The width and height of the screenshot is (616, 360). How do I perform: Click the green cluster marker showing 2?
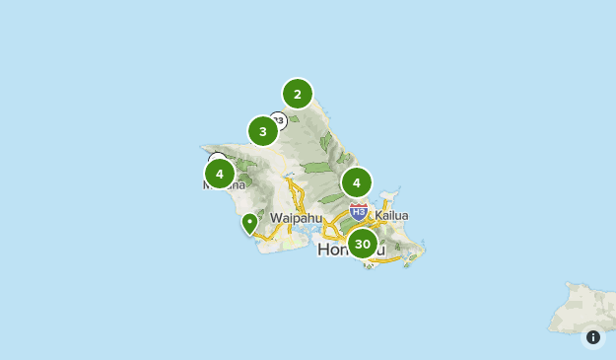point(297,94)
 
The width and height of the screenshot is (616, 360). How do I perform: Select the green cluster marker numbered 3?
point(263,131)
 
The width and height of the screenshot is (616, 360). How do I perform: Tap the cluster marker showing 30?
point(363,244)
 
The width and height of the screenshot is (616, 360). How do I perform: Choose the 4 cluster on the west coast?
point(219,174)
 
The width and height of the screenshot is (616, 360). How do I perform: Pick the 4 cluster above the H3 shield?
point(357,182)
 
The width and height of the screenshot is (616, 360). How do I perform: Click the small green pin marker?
point(250,224)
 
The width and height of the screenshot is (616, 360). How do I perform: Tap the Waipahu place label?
point(296,217)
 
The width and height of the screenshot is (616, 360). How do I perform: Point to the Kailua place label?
point(390,216)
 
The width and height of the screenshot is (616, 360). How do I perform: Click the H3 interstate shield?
point(359,210)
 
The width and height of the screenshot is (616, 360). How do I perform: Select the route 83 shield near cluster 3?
point(280,120)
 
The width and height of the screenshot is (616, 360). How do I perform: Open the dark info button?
point(593,337)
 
